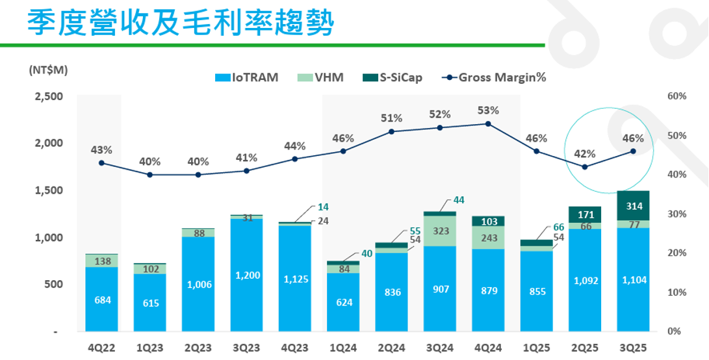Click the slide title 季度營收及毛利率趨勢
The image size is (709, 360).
[180, 23]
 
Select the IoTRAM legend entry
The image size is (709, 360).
[246, 78]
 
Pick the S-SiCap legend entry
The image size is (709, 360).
[393, 78]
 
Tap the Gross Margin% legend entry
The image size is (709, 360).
[494, 78]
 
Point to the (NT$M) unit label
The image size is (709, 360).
[49, 70]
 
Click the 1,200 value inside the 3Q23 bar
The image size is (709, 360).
[246, 276]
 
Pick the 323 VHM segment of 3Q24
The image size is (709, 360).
[440, 231]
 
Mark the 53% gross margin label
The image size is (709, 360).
[487, 110]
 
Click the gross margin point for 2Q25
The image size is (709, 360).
[585, 167]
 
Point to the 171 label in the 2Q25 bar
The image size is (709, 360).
[585, 214]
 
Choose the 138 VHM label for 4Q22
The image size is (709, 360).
[101, 261]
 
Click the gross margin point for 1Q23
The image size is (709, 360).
[149, 175]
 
